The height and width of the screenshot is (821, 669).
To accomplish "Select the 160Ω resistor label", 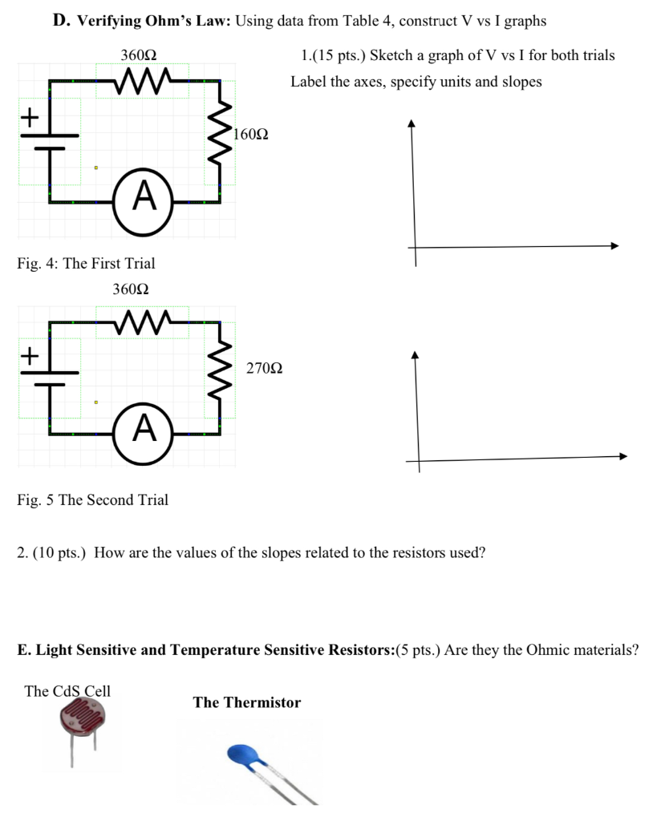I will (x=250, y=134).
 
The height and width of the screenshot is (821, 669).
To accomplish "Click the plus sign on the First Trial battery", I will (x=29, y=118).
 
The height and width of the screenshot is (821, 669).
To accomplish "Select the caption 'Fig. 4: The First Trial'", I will (x=86, y=263).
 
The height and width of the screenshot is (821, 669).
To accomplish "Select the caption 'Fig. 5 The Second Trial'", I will (x=92, y=499).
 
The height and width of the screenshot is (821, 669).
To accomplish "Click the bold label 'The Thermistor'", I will (x=246, y=702).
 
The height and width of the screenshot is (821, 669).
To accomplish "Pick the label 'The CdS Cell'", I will (x=67, y=691).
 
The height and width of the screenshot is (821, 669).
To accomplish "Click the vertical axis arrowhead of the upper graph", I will (x=412, y=123).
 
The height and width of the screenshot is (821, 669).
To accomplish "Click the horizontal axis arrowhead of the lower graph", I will (x=622, y=456).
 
